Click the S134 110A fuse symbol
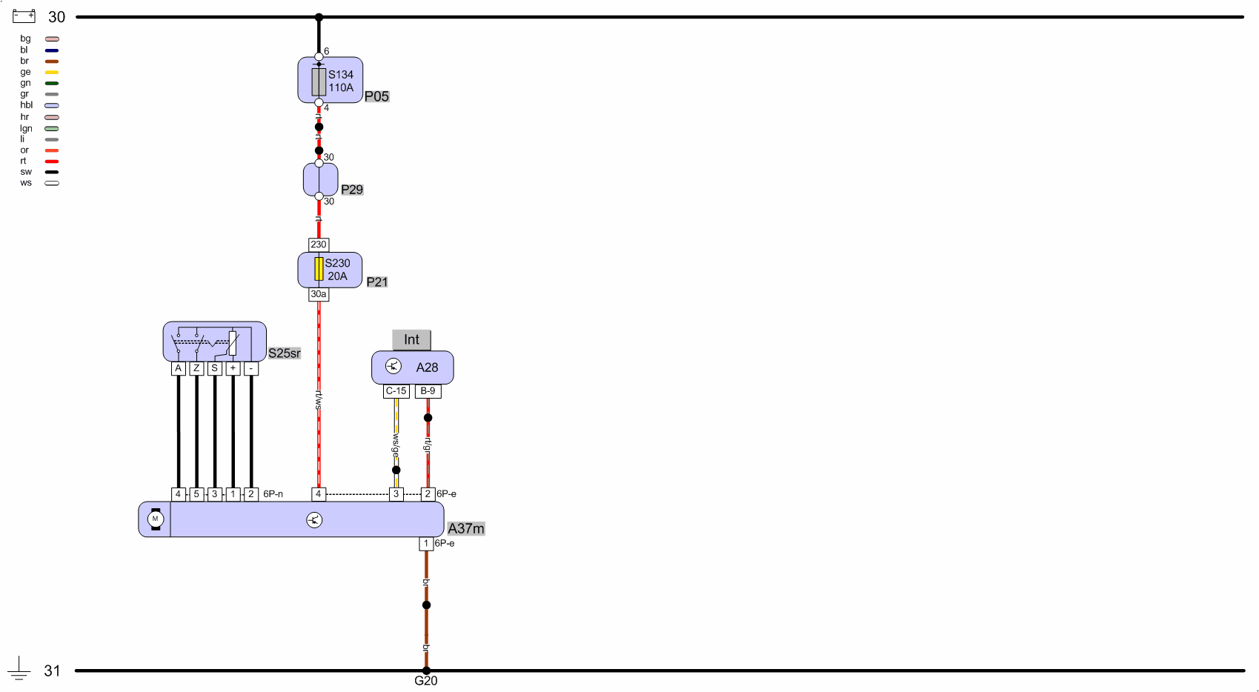319,81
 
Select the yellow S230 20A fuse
319,269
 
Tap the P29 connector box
320,179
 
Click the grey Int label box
411,340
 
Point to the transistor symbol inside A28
393,366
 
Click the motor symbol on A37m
155,519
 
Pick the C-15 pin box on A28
396,391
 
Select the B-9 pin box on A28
428,391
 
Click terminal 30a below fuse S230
319,294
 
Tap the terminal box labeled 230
319,244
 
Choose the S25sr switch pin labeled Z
196,368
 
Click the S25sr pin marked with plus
233,368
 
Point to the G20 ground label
425,681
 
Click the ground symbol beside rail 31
19,669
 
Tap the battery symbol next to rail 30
24,16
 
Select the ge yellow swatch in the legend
52,73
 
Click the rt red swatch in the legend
52,162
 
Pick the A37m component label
466,528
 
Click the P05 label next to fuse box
376,96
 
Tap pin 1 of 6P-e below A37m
426,544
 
